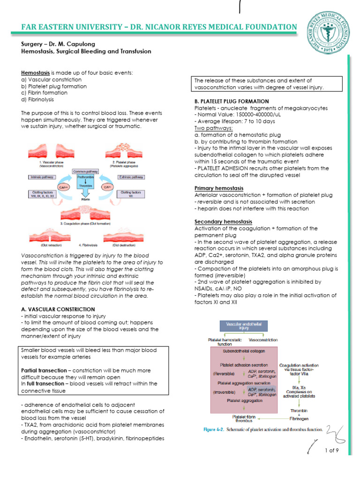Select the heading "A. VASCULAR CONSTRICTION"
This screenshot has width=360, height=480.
pyautogui.click(x=58, y=309)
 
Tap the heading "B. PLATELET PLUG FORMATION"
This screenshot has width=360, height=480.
pyautogui.click(x=232, y=101)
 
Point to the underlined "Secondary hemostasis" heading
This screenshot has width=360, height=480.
pyautogui.click(x=223, y=221)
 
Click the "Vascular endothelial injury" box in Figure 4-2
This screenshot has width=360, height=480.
pyautogui.click(x=243, y=326)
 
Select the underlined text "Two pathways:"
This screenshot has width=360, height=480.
pyautogui.click(x=213, y=128)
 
